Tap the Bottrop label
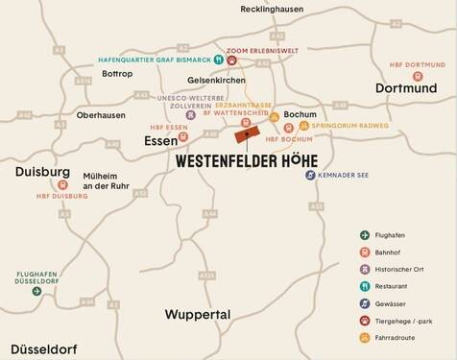118,73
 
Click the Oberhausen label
101,115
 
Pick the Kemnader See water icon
310,175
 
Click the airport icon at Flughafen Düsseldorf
36,290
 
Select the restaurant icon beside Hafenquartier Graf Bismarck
218,60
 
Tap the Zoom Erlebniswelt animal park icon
231,60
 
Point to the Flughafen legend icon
365,235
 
